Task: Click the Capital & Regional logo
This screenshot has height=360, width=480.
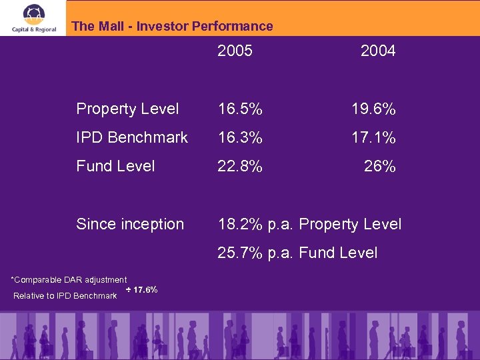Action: tap(33, 18)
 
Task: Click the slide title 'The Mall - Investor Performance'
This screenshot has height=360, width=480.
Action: tap(172, 27)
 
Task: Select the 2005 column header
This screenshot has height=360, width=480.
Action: tap(235, 51)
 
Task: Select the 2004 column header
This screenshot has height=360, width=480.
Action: tap(377, 51)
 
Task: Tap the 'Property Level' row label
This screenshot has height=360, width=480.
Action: tap(127, 109)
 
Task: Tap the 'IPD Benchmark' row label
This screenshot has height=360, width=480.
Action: tap(132, 137)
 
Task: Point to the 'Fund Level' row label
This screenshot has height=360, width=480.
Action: tap(115, 166)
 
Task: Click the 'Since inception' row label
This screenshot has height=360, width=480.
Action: tap(130, 224)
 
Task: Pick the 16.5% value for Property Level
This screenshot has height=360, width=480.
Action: tap(240, 109)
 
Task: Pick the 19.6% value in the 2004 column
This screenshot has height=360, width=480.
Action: tap(373, 109)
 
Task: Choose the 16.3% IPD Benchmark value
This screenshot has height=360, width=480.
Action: tap(240, 137)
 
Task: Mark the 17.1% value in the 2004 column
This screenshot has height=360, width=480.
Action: tap(373, 137)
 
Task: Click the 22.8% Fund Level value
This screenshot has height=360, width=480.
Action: tap(240, 166)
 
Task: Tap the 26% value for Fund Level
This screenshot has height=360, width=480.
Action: tap(379, 166)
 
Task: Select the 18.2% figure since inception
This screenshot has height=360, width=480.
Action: tap(240, 224)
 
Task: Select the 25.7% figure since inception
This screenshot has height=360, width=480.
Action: tap(240, 253)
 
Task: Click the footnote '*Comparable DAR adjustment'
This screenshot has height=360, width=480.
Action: tap(69, 280)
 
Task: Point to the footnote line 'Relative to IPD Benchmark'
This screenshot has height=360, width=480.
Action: tap(65, 295)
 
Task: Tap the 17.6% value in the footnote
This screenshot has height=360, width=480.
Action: tap(145, 290)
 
